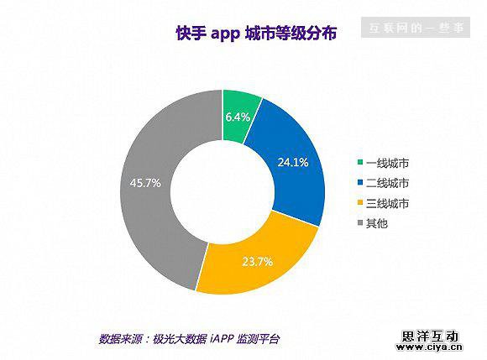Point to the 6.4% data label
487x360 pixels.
(238, 117)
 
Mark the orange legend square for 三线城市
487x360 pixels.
(360, 204)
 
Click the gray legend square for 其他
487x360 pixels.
(360, 224)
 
